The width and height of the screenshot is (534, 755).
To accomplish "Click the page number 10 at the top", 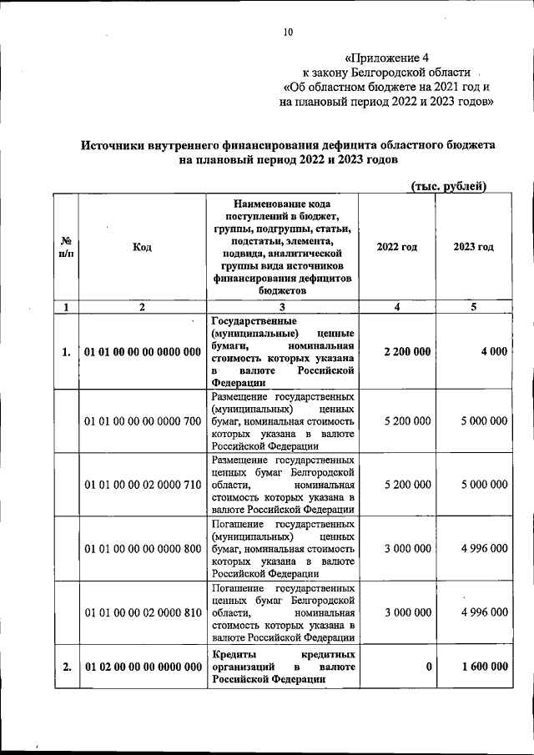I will (x=288, y=33).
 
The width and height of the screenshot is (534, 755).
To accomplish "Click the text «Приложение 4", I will (x=386, y=58).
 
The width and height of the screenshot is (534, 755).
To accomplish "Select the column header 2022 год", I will (x=397, y=247).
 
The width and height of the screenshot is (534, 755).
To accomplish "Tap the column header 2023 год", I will (x=473, y=247).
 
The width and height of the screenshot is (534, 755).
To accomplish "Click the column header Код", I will (x=142, y=248).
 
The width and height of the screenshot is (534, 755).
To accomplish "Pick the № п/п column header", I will (x=65, y=248).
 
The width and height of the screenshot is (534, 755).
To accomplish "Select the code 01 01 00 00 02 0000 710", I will (x=143, y=485).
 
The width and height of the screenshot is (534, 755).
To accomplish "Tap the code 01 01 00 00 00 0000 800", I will (x=143, y=548).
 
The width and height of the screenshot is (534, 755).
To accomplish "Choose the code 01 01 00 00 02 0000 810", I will (x=143, y=612).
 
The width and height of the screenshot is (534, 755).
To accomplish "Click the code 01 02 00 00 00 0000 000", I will (x=143, y=667).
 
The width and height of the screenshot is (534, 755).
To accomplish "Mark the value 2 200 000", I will (x=407, y=352).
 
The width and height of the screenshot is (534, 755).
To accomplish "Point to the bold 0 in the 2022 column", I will (x=428, y=667).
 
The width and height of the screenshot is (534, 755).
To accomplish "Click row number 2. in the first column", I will (x=65, y=667).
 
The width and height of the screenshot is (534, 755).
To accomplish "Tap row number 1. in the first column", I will (x=65, y=352).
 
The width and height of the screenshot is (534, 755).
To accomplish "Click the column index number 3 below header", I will (x=283, y=306).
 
